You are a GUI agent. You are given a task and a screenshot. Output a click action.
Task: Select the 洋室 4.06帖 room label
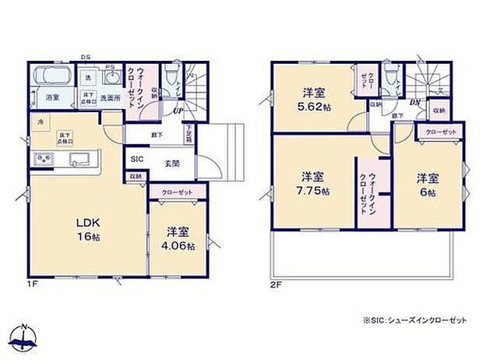(180, 238)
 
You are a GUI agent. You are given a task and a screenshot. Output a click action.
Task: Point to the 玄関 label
(172, 164)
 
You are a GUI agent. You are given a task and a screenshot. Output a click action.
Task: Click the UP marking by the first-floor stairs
(178, 111)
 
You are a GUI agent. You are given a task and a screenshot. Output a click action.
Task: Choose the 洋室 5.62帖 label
(316, 98)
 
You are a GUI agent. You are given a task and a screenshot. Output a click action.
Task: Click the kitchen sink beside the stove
(80, 160)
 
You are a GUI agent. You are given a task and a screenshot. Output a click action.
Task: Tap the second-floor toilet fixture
(397, 75)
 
